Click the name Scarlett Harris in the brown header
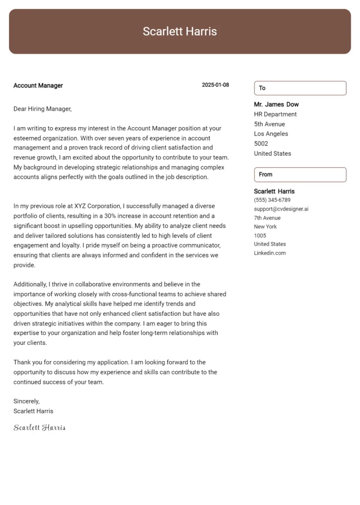[180, 32]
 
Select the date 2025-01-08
[215, 85]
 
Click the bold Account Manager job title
[38, 85]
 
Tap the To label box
[300, 88]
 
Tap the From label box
[300, 175]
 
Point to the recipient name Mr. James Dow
[276, 105]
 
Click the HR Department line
[275, 114]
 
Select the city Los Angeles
[271, 134]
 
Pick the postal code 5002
[261, 144]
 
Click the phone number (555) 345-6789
[272, 200]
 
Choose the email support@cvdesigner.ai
[281, 209]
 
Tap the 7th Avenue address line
[267, 218]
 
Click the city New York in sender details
[265, 227]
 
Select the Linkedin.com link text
[270, 253]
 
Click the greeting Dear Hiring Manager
[42, 109]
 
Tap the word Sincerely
[26, 401]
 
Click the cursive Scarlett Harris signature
[39, 428]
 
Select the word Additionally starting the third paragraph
[31, 284]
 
